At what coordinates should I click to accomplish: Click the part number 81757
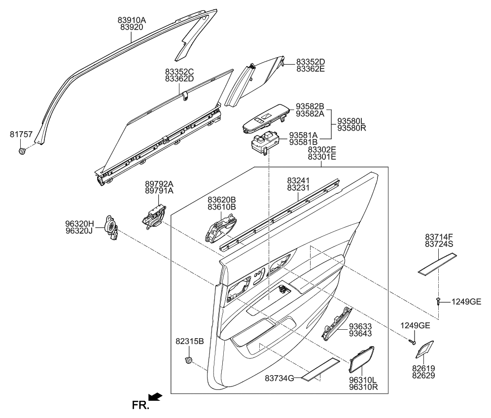(21, 134)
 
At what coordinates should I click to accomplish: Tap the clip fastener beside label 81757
(22, 150)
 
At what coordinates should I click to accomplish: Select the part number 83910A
(132, 20)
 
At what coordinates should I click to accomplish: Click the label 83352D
(311, 62)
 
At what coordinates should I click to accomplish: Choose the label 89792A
(159, 184)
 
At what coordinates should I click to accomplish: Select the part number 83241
(298, 181)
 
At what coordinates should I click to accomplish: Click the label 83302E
(322, 149)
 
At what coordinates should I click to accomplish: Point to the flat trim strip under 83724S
(437, 263)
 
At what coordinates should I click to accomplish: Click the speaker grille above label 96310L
(361, 359)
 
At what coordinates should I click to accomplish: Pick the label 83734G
(280, 378)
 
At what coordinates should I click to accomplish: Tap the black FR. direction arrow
(155, 396)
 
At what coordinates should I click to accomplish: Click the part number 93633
(360, 326)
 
